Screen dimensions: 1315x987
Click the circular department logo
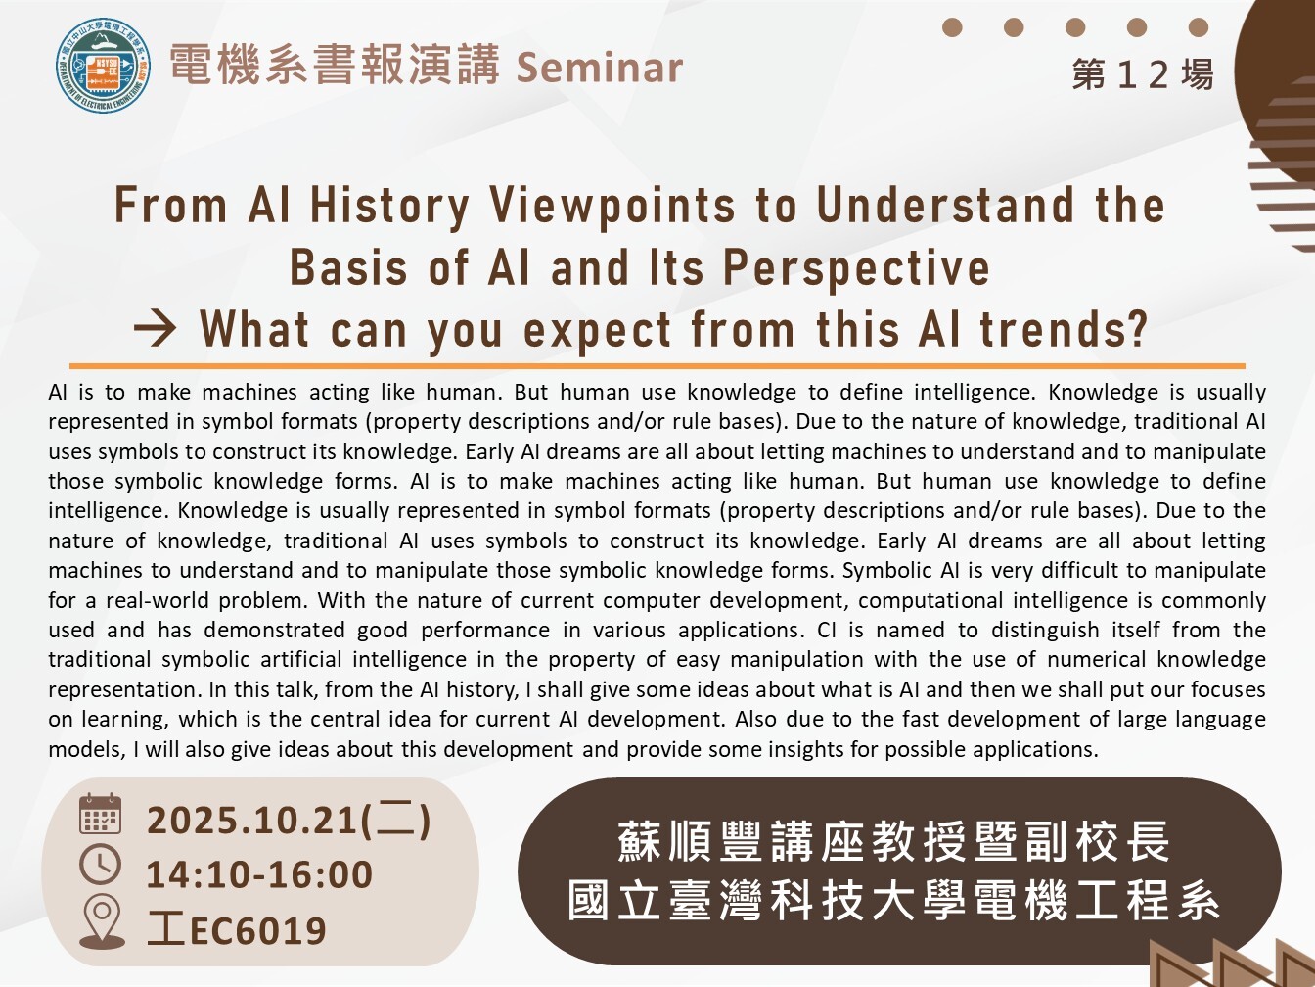point(103,66)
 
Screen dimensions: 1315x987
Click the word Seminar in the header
point(600,67)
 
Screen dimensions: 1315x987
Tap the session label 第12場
point(1143,75)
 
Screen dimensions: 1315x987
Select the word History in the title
point(389,207)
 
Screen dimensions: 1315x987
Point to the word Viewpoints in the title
point(612,207)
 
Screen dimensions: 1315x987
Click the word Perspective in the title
point(856,268)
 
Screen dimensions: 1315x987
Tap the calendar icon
point(101,814)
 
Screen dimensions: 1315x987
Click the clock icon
point(100,865)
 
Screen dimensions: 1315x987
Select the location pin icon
point(102,921)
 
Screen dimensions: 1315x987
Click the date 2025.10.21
point(252,821)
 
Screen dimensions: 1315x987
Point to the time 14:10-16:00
point(259,874)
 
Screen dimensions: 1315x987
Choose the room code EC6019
point(257,930)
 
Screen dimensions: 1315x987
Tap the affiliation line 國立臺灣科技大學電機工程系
point(893,901)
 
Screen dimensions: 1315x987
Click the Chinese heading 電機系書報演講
point(335,65)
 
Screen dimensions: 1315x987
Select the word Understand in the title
point(945,206)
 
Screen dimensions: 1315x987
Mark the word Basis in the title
point(348,268)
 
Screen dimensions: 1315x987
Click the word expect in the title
point(597,330)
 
